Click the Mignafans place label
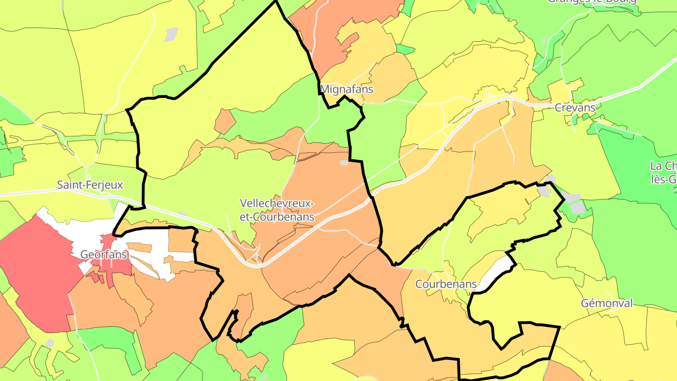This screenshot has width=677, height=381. pos(346,89)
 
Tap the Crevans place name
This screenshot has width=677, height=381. pos(575,108)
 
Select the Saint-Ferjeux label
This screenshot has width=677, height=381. pos(90,185)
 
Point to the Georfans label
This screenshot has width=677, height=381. pos(104,254)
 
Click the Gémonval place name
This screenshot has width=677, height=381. pos(606,303)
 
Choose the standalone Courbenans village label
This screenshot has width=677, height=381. pos(446,284)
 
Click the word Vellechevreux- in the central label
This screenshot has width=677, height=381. pos(276,204)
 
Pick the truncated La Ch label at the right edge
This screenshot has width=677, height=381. pos(663,166)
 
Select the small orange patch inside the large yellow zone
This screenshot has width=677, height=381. pos(225,121)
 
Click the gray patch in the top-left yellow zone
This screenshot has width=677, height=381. pos(171,34)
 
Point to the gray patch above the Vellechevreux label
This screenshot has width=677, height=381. pos(344,163)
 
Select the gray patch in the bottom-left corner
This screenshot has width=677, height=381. pos(50,343)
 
